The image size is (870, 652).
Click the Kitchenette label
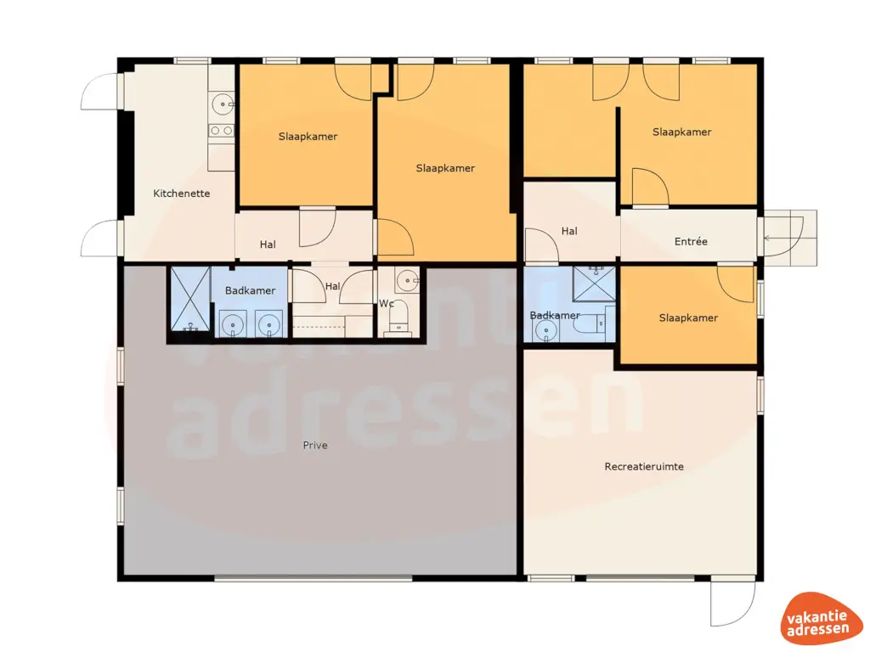[181, 194]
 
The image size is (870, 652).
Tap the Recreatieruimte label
[644, 466]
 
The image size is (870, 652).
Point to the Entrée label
[691, 241]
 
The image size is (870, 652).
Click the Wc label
[387, 303]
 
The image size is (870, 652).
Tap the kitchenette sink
[222, 104]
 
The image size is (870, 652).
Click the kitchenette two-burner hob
[222, 131]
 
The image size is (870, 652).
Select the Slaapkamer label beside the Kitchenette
[308, 136]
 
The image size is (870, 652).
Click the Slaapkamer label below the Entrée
[688, 318]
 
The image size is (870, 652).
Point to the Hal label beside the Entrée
[569, 230]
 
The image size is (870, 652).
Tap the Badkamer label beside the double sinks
[250, 290]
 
